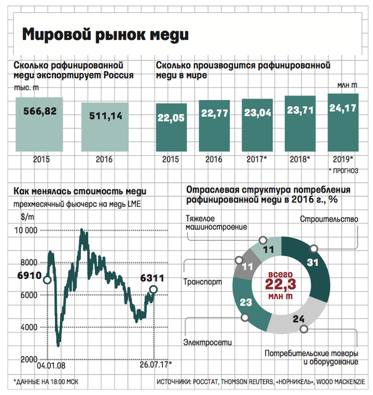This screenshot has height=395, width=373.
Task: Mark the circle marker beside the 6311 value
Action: click(154, 289)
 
